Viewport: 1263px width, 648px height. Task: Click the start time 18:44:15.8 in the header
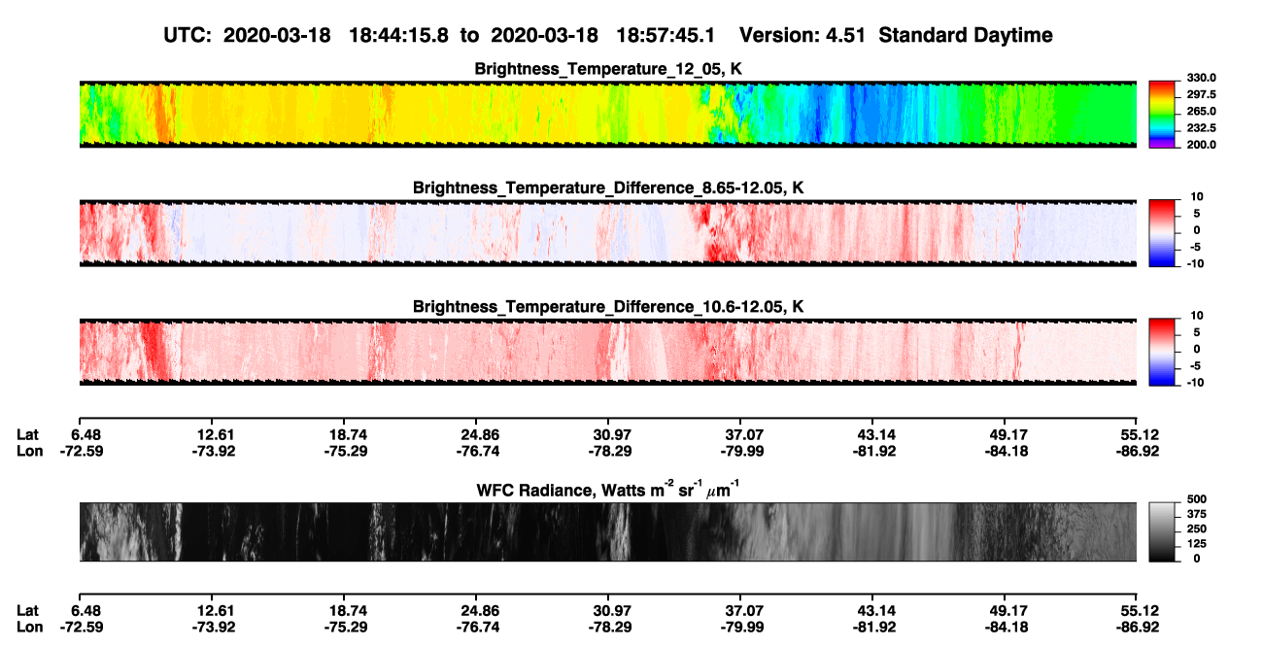[398, 36]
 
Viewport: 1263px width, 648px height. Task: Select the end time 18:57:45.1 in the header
[666, 36]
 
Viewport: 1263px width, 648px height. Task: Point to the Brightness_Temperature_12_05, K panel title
[608, 69]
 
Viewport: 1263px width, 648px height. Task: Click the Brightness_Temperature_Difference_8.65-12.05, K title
[608, 188]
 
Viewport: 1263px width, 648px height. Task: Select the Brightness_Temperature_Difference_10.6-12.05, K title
[608, 307]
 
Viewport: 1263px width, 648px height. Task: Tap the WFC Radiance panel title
[608, 490]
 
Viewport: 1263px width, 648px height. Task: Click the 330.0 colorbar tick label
[1201, 78]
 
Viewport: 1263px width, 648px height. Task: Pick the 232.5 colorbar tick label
[1201, 128]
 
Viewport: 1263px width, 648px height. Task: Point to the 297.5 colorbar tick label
[1201, 95]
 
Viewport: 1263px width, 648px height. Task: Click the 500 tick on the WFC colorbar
[1197, 499]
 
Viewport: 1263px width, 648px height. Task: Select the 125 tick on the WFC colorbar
[1197, 544]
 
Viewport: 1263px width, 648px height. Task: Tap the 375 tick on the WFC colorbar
[1197, 514]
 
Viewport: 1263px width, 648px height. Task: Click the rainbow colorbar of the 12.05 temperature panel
[1162, 115]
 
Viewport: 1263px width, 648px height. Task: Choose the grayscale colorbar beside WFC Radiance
[1162, 531]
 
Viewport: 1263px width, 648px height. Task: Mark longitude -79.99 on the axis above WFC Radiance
[742, 451]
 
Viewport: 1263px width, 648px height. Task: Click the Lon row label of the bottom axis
[30, 628]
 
